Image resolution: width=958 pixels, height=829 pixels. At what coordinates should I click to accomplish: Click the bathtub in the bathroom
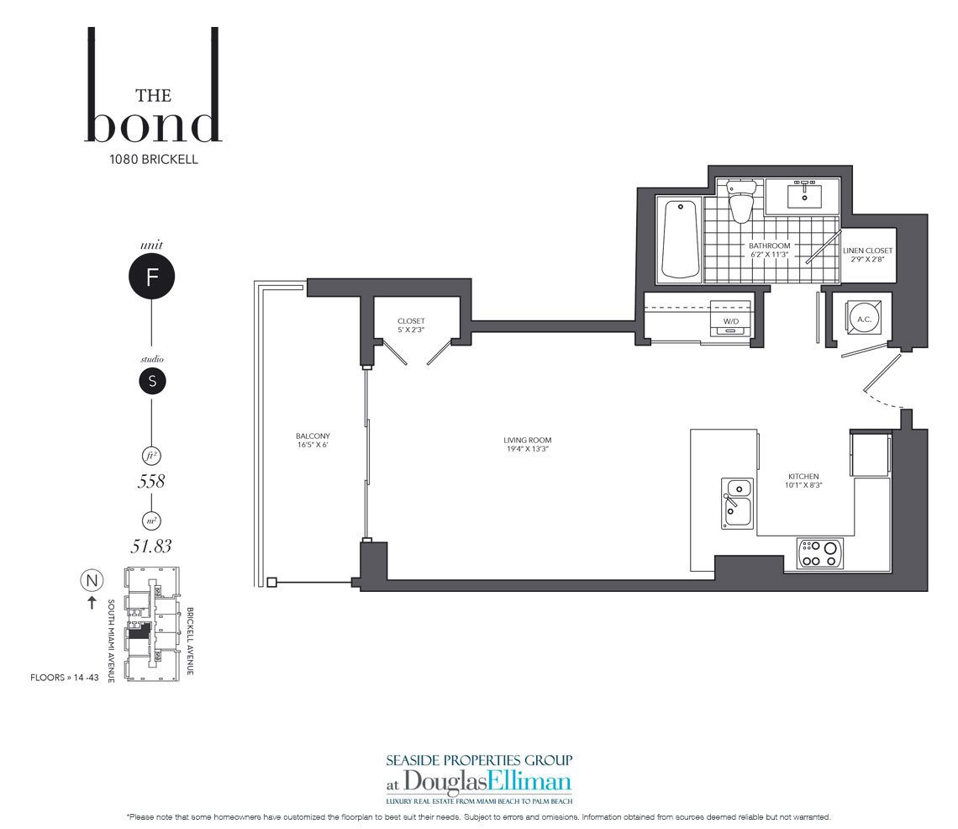tap(681, 239)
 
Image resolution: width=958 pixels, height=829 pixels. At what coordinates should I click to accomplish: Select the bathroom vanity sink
tap(804, 196)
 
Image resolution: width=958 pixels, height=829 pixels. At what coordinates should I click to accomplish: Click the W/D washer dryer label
tap(731, 321)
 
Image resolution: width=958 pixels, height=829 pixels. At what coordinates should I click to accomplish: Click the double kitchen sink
tap(738, 504)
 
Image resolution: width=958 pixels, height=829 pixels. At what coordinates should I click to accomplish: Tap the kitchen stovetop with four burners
tap(819, 553)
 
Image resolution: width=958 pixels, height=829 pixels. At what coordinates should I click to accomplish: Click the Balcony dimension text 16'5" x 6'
tap(313, 445)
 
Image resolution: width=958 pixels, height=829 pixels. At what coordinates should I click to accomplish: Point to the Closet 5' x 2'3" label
tap(411, 325)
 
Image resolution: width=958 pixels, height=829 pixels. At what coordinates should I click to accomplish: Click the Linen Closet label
tap(867, 251)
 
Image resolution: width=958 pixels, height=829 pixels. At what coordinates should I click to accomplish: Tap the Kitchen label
tap(803, 476)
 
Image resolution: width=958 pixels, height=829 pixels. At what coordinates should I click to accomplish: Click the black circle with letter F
tap(151, 277)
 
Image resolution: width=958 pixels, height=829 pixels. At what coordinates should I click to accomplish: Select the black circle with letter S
tap(152, 381)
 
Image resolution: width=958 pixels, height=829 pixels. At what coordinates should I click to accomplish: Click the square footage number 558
tap(151, 481)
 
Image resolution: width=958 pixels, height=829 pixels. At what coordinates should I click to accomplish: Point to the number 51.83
tap(151, 546)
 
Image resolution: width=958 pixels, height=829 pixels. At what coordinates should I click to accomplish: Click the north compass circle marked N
tap(92, 580)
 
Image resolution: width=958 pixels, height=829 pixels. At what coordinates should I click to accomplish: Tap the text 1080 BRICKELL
tap(153, 159)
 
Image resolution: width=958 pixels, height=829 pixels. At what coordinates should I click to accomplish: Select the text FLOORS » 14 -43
tap(64, 678)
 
